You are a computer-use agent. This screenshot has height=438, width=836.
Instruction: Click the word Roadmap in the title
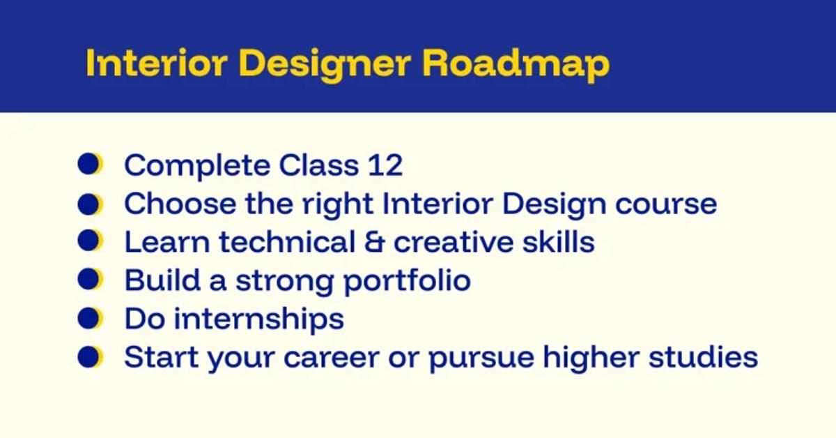[516, 63]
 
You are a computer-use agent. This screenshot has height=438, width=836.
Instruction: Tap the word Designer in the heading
[325, 65]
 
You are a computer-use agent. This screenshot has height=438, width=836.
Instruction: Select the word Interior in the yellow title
[157, 63]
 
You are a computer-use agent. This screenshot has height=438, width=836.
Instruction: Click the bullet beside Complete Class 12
[90, 164]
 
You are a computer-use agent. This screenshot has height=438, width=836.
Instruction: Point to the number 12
[385, 165]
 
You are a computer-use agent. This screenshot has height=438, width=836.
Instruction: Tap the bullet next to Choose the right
[90, 204]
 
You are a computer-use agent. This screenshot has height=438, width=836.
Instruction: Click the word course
[666, 205]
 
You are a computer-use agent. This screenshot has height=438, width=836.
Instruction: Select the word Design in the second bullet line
[555, 204]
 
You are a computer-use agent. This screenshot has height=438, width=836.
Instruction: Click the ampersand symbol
[374, 242]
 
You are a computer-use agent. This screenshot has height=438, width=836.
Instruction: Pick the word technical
[287, 242]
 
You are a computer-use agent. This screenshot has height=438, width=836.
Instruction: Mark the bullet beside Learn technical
[90, 241]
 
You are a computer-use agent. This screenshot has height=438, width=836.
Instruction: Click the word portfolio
[407, 281]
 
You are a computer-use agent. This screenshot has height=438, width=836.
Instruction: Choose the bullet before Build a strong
[90, 279]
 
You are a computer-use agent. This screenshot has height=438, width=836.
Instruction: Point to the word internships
[259, 319]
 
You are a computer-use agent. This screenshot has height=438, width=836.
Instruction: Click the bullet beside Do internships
[90, 318]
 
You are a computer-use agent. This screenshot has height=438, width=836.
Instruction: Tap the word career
[332, 358]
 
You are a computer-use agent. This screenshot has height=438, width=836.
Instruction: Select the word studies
[703, 357]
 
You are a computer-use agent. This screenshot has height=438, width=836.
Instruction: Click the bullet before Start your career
[90, 356]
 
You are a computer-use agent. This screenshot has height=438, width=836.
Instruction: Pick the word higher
[591, 358]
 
